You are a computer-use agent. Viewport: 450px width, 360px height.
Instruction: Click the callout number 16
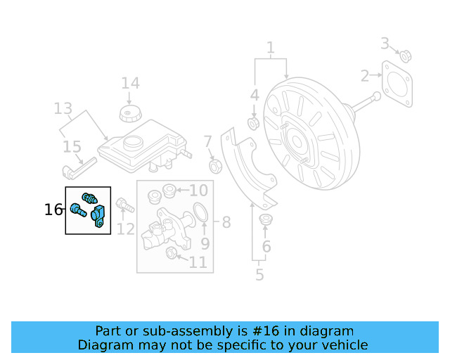[53, 210]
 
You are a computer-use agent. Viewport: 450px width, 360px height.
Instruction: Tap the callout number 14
[130, 83]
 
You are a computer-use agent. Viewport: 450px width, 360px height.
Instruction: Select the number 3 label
[385, 44]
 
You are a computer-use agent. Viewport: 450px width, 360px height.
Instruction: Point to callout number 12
[126, 229]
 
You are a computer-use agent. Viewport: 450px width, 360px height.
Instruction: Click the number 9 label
[205, 244]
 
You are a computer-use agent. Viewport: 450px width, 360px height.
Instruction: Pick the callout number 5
[259, 274]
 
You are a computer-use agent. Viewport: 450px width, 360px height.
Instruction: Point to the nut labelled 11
[171, 253]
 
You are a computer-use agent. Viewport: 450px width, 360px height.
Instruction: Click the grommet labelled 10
[169, 191]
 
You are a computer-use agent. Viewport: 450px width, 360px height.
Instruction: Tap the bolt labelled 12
[124, 205]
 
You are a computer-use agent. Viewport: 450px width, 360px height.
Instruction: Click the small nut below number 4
[254, 124]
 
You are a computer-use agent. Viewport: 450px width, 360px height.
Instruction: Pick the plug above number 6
[266, 220]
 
